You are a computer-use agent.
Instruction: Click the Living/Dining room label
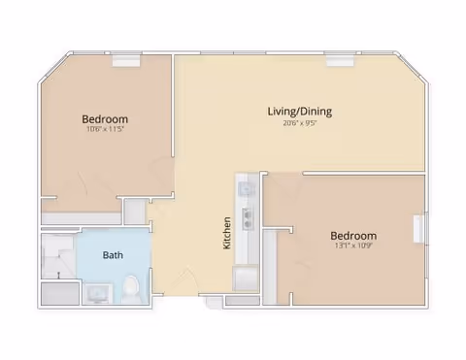(300, 111)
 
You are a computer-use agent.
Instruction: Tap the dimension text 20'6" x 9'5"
(300, 123)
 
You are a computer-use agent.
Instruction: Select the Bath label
(113, 256)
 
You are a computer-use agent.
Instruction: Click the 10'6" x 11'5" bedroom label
(105, 119)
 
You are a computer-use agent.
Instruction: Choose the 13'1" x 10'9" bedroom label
(353, 236)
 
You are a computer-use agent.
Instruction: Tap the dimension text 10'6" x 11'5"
(105, 130)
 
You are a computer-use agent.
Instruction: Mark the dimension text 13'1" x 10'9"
(353, 247)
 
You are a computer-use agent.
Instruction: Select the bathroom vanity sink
(97, 292)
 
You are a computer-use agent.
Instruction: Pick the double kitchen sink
(247, 217)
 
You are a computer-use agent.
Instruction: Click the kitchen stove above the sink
(245, 186)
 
